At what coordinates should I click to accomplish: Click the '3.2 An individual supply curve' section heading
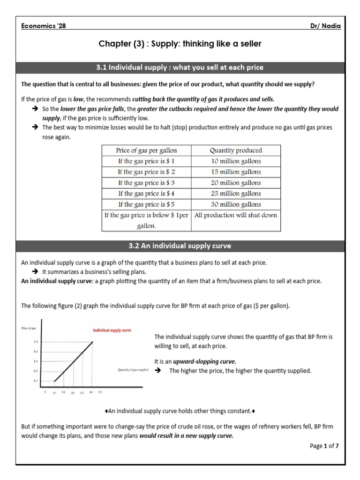pyautogui.click(x=180, y=246)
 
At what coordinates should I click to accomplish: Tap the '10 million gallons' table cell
pyautogui.click(x=235, y=161)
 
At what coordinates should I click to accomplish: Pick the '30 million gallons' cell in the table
pyautogui.click(x=235, y=204)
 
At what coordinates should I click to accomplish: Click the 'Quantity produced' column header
pyautogui.click(x=235, y=150)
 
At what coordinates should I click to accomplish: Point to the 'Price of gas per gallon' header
pyautogui.click(x=146, y=150)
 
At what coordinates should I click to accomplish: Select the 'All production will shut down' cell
pyautogui.click(x=235, y=215)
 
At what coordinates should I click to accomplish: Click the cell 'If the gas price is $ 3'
pyautogui.click(x=146, y=183)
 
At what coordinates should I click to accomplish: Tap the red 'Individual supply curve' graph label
pyautogui.click(x=112, y=330)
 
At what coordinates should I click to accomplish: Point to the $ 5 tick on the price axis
pyautogui.click(x=36, y=342)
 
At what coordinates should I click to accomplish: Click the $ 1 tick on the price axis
pyautogui.click(x=36, y=381)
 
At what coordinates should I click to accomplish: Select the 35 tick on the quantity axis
pyautogui.click(x=100, y=392)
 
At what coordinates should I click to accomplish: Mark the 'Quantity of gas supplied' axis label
pyautogui.click(x=133, y=370)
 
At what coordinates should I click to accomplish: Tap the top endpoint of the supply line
pyautogui.click(x=92, y=342)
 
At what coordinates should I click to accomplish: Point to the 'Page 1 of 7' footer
pyautogui.click(x=324, y=446)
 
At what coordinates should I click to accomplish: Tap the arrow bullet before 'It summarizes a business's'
pyautogui.click(x=35, y=272)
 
